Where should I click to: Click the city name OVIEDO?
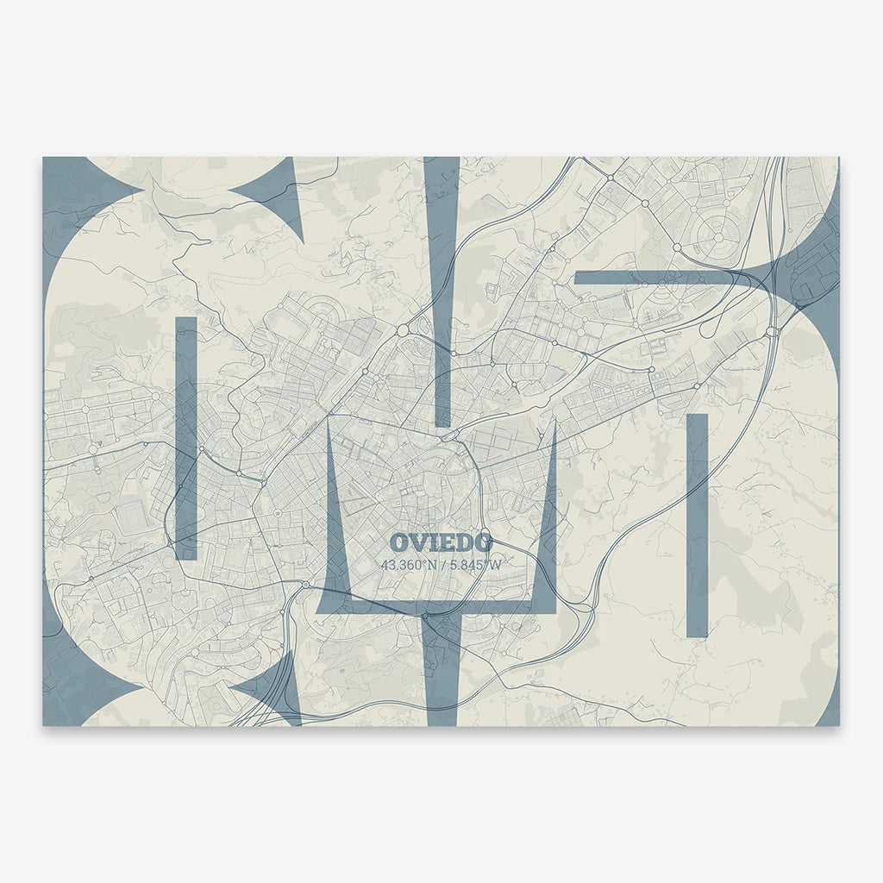coord(441,542)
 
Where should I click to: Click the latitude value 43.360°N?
coord(409,565)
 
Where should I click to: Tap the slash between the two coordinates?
coord(444,565)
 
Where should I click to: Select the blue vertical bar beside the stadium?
coord(186,437)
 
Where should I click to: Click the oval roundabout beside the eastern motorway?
coord(773,331)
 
